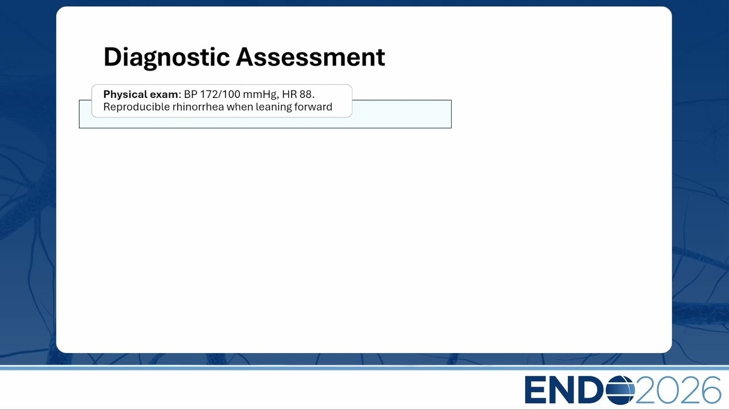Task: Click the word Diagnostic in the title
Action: pyautogui.click(x=167, y=58)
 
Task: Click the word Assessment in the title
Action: pyautogui.click(x=310, y=57)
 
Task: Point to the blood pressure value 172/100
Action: pyautogui.click(x=220, y=95)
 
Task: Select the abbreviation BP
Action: pyautogui.click(x=190, y=95)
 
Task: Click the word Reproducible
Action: pyautogui.click(x=136, y=106)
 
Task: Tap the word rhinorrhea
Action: pyautogui.click(x=198, y=106)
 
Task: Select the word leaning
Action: pyautogui.click(x=273, y=107)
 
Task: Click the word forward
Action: pyautogui.click(x=313, y=106)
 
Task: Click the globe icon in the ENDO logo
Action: pyautogui.click(x=620, y=390)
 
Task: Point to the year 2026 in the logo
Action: pyautogui.click(x=678, y=390)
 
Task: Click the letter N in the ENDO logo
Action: pyautogui.click(x=562, y=390)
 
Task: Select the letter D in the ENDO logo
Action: pyautogui.click(x=591, y=390)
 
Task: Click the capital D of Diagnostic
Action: pyautogui.click(x=113, y=57)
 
